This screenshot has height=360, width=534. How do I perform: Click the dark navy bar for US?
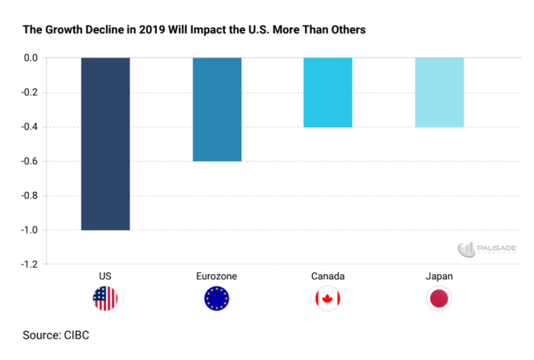(x=105, y=144)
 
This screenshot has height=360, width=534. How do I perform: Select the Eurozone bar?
(x=217, y=109)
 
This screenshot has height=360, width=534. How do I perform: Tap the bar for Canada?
(x=327, y=92)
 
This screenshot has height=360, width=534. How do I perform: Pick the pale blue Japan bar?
(x=439, y=92)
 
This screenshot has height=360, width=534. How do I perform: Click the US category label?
(x=105, y=276)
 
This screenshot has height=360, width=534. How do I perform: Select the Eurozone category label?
(x=217, y=276)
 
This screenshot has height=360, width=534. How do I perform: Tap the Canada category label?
(x=327, y=276)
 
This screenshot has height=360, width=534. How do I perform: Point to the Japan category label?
(x=439, y=276)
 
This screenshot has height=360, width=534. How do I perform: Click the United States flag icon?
(x=105, y=299)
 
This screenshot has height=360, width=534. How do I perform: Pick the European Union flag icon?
(x=217, y=299)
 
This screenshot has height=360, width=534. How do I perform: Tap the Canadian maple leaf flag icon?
(x=327, y=299)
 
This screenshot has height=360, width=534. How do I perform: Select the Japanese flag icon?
(x=439, y=299)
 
